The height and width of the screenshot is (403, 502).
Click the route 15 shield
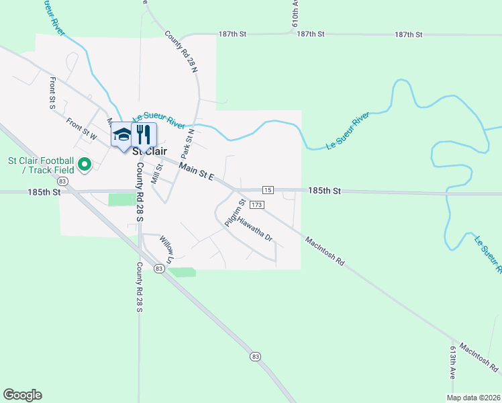268,190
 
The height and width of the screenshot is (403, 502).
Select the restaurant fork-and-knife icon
143,134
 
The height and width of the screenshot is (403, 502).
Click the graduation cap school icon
123,134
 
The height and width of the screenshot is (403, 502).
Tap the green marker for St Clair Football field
85,164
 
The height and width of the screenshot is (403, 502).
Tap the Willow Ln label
166,249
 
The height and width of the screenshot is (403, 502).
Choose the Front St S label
52,93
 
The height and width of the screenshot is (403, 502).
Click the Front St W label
82,128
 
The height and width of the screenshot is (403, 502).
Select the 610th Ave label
295,13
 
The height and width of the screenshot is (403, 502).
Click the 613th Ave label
454,363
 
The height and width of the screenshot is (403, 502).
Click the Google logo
22,394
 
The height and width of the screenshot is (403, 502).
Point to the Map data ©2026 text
474,397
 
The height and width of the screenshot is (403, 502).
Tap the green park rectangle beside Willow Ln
183,272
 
